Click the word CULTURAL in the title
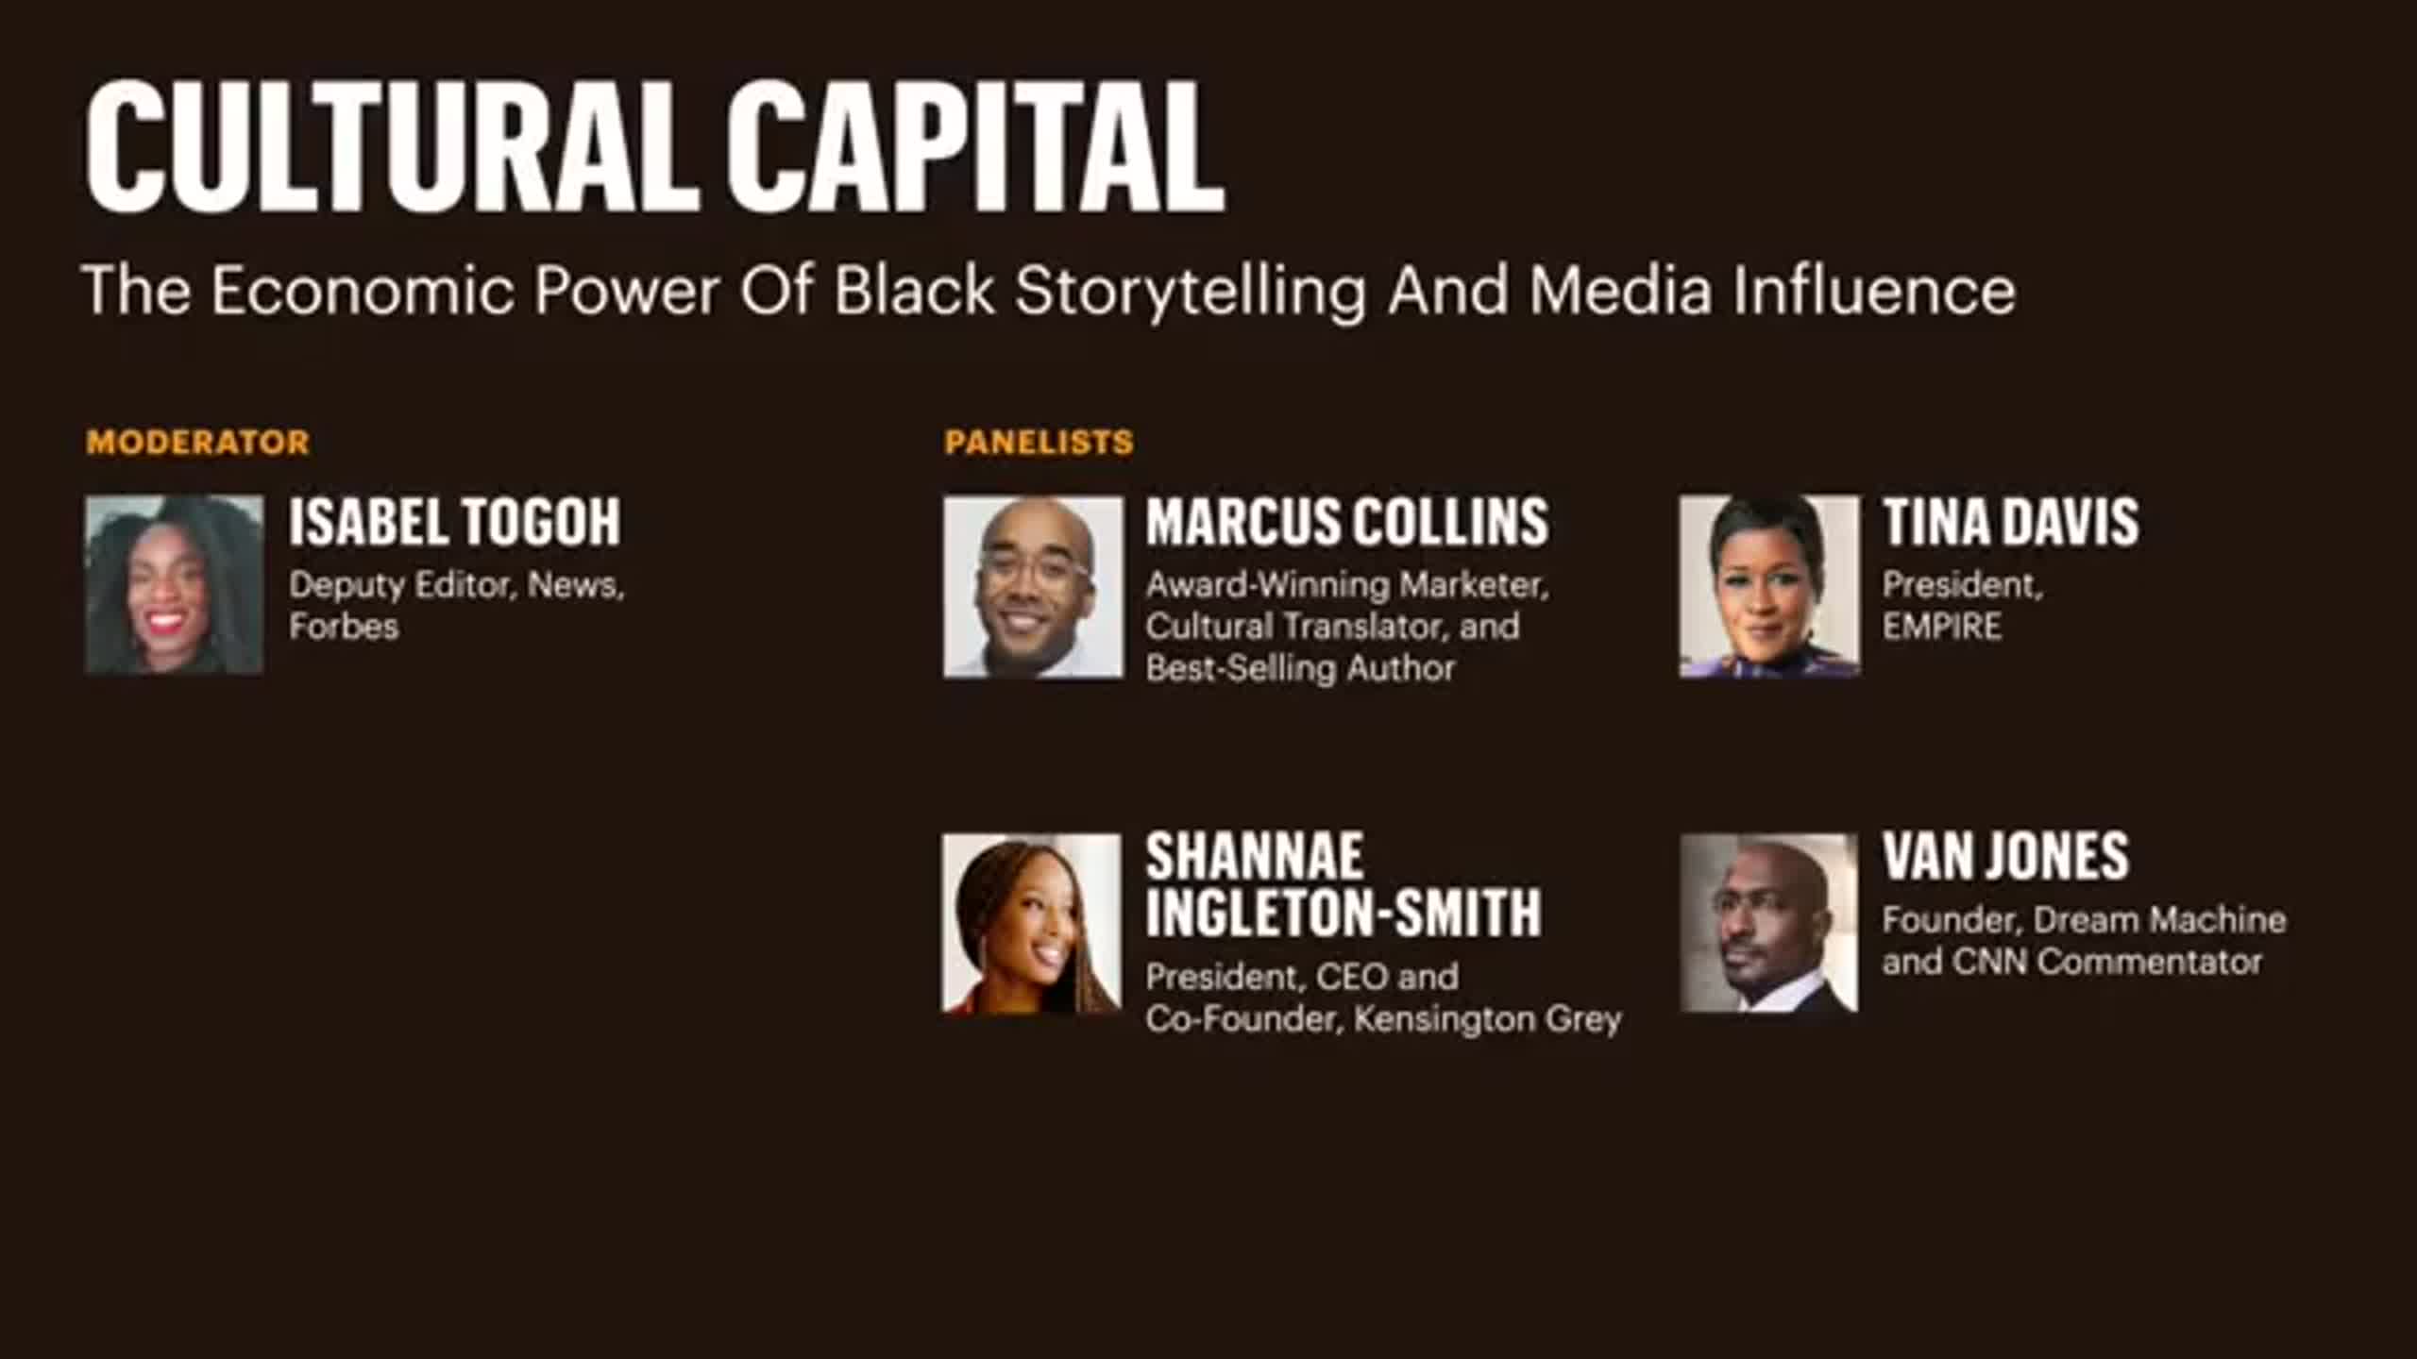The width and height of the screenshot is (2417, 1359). click(393, 146)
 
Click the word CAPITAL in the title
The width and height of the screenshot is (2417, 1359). click(975, 146)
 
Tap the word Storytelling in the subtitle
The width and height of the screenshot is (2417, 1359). click(1191, 292)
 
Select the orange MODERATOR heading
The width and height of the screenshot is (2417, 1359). click(197, 442)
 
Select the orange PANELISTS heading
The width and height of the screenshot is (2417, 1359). click(1039, 442)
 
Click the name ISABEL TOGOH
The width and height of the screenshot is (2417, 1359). click(455, 521)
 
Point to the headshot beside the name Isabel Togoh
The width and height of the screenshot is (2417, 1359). click(174, 584)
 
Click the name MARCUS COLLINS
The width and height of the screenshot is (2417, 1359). click(1347, 521)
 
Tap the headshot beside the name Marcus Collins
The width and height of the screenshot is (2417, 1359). click(1033, 587)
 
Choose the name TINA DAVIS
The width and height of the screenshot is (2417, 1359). click(2011, 521)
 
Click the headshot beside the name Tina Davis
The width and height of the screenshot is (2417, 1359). click(1770, 586)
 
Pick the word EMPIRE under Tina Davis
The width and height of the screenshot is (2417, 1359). click(1942, 627)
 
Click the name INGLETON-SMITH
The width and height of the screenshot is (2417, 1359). click(1344, 912)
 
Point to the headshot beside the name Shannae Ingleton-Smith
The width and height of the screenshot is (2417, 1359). click(1032, 924)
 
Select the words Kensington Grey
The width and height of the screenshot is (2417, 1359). click(1488, 1019)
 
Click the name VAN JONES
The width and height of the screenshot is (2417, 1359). click(2006, 856)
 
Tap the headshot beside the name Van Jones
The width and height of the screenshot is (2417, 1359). click(1769, 923)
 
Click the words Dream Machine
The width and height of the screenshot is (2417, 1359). click(2160, 919)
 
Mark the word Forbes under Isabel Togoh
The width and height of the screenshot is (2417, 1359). click(344, 627)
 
